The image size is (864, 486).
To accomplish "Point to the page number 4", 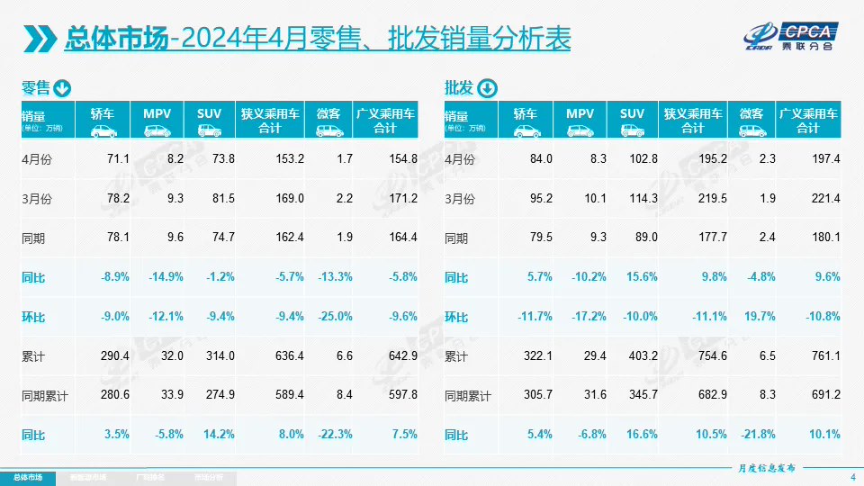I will click(852, 476).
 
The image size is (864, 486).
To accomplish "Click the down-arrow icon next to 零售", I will click(62, 88).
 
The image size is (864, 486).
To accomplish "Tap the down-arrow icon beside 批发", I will click(486, 88).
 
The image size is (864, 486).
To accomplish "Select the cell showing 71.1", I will click(118, 159).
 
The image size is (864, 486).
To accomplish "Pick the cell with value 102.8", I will click(632, 159).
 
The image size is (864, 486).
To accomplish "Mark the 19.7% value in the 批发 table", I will click(758, 317).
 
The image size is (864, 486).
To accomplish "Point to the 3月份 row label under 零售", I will click(37, 199).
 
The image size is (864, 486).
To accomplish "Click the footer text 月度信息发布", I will click(761, 468).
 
